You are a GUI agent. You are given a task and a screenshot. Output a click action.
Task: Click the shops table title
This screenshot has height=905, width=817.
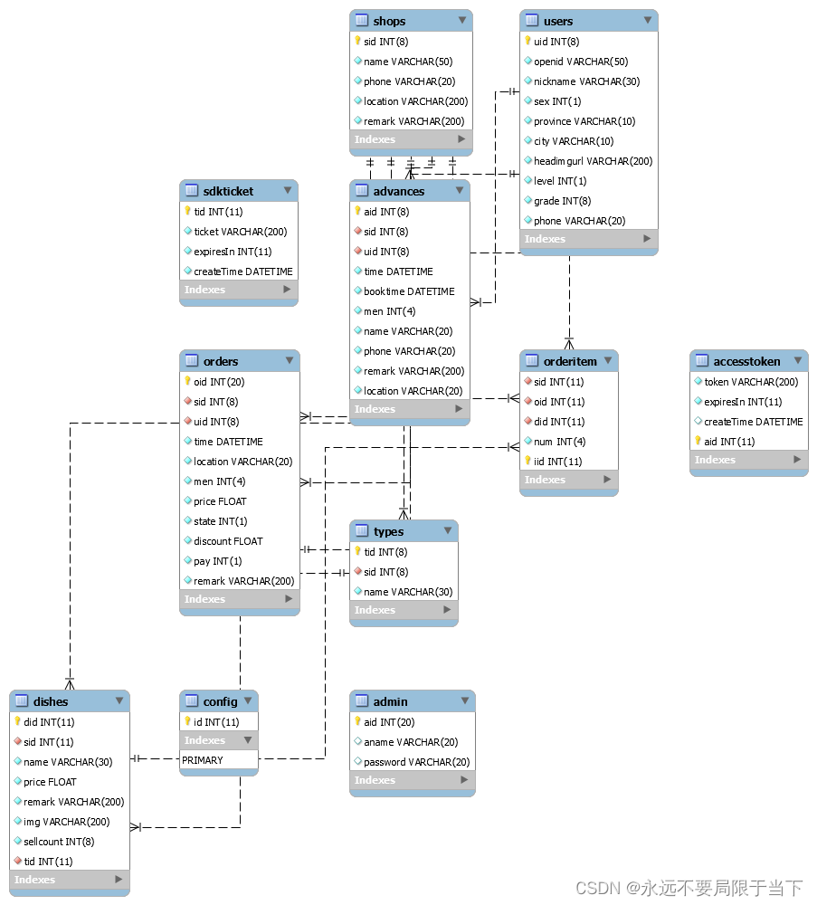(x=389, y=21)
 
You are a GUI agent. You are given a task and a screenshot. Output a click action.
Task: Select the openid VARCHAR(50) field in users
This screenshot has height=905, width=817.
(x=580, y=62)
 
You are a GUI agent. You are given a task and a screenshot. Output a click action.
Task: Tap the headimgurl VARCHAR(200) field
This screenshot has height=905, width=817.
(x=593, y=161)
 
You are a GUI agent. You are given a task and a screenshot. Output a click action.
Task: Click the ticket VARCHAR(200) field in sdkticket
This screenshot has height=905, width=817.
(x=240, y=232)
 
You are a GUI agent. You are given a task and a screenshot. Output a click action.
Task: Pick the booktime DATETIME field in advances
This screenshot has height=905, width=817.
(x=409, y=291)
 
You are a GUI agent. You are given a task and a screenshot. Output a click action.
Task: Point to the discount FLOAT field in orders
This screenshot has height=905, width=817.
(x=228, y=541)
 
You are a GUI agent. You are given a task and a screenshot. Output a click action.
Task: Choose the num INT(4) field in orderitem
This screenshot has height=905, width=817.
(x=559, y=442)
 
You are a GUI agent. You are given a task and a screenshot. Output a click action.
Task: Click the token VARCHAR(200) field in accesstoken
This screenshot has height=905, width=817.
(x=751, y=382)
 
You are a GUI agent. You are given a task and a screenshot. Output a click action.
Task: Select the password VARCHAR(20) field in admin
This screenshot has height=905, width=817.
(x=416, y=762)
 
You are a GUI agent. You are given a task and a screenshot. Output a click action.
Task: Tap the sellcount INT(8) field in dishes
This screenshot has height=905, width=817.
(x=60, y=842)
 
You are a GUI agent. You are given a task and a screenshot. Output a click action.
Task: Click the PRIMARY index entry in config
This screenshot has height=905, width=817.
(x=203, y=760)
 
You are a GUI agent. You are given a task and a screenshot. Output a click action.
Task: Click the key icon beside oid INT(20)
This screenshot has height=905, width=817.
(x=188, y=382)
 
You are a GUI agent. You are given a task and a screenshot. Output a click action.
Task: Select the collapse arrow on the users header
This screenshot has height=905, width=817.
(x=647, y=20)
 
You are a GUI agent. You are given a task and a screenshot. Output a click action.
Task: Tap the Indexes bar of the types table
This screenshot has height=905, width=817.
(x=404, y=610)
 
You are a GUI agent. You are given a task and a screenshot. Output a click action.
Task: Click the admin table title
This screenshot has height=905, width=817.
(x=390, y=701)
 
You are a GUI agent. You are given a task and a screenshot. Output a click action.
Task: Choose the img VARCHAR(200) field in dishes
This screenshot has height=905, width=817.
(x=66, y=822)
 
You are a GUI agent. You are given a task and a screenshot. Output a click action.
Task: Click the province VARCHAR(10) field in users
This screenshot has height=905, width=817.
(x=584, y=121)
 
